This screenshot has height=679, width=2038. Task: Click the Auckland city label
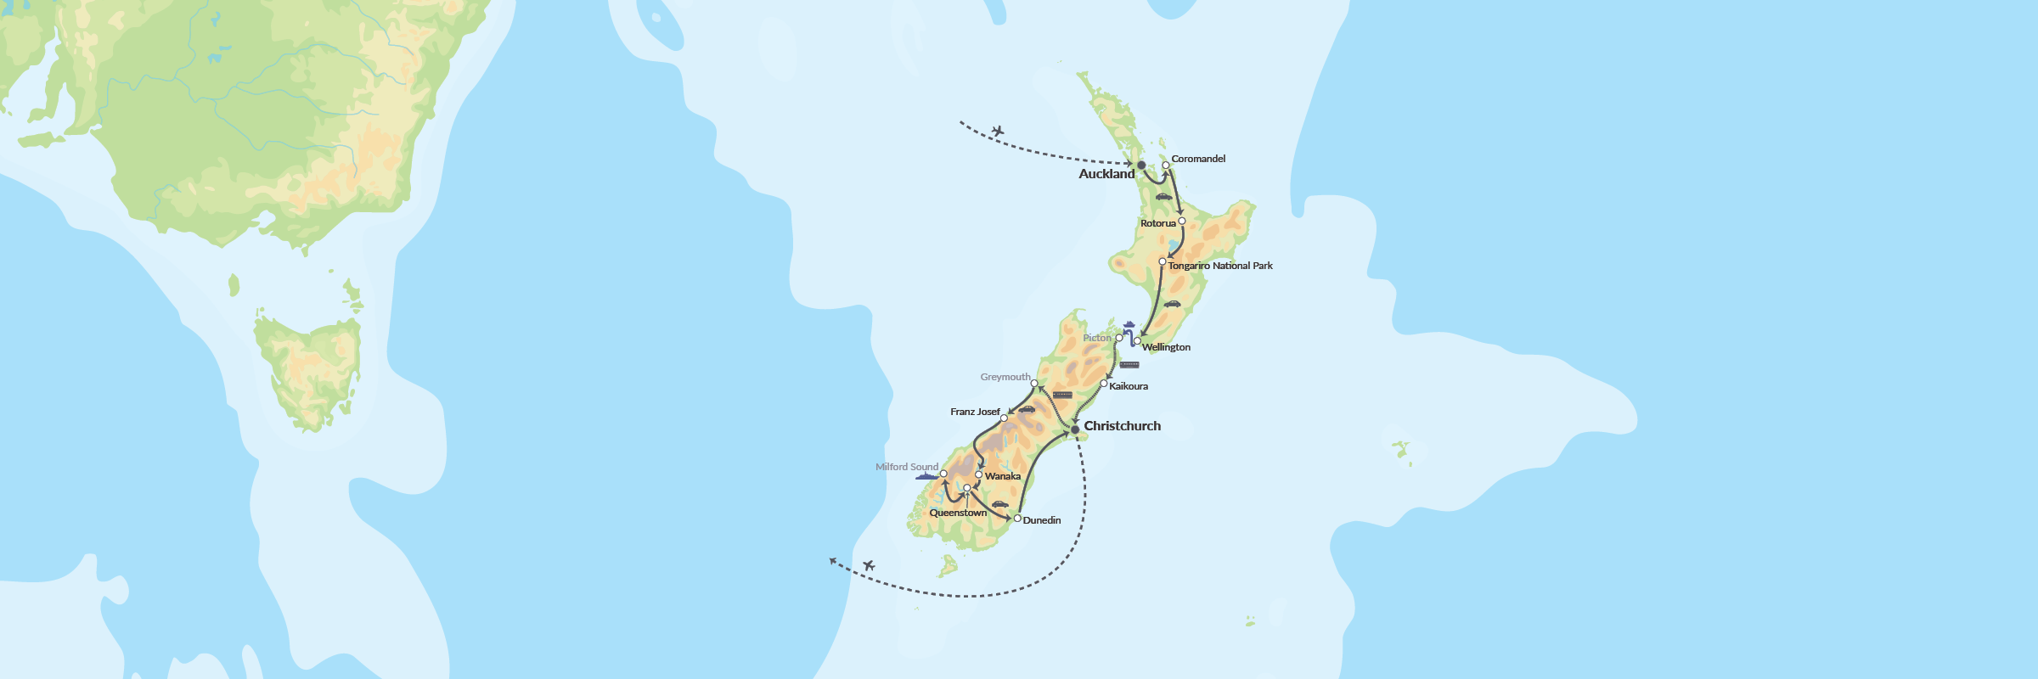click(x=1106, y=174)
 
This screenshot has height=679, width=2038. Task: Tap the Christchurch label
click(x=1122, y=426)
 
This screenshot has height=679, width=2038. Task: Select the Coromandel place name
click(x=1198, y=159)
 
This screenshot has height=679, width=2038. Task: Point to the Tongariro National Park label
click(x=1220, y=266)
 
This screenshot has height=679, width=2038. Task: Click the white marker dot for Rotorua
click(x=1182, y=221)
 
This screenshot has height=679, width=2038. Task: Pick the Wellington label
click(x=1166, y=347)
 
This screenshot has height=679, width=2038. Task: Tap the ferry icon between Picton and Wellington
click(x=1129, y=324)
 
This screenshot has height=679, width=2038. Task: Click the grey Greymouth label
click(x=1005, y=377)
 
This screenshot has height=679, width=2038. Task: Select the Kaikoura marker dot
click(x=1104, y=384)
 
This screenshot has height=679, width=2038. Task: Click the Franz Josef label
click(x=975, y=412)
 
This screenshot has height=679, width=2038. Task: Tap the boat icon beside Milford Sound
click(x=926, y=477)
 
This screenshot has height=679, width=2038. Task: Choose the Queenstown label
click(x=958, y=513)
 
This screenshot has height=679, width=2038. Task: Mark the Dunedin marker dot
click(x=1017, y=518)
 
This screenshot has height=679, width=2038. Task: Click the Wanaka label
click(x=1003, y=476)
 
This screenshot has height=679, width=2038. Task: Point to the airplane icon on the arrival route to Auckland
click(x=998, y=131)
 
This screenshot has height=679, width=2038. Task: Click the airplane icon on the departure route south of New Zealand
click(x=869, y=565)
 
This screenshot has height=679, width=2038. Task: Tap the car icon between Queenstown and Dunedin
click(x=1000, y=504)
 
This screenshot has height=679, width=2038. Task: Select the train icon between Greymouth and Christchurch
click(x=1062, y=395)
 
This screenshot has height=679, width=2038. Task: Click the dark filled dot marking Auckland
click(x=1141, y=165)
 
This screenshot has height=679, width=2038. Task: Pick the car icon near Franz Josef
click(x=1027, y=409)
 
